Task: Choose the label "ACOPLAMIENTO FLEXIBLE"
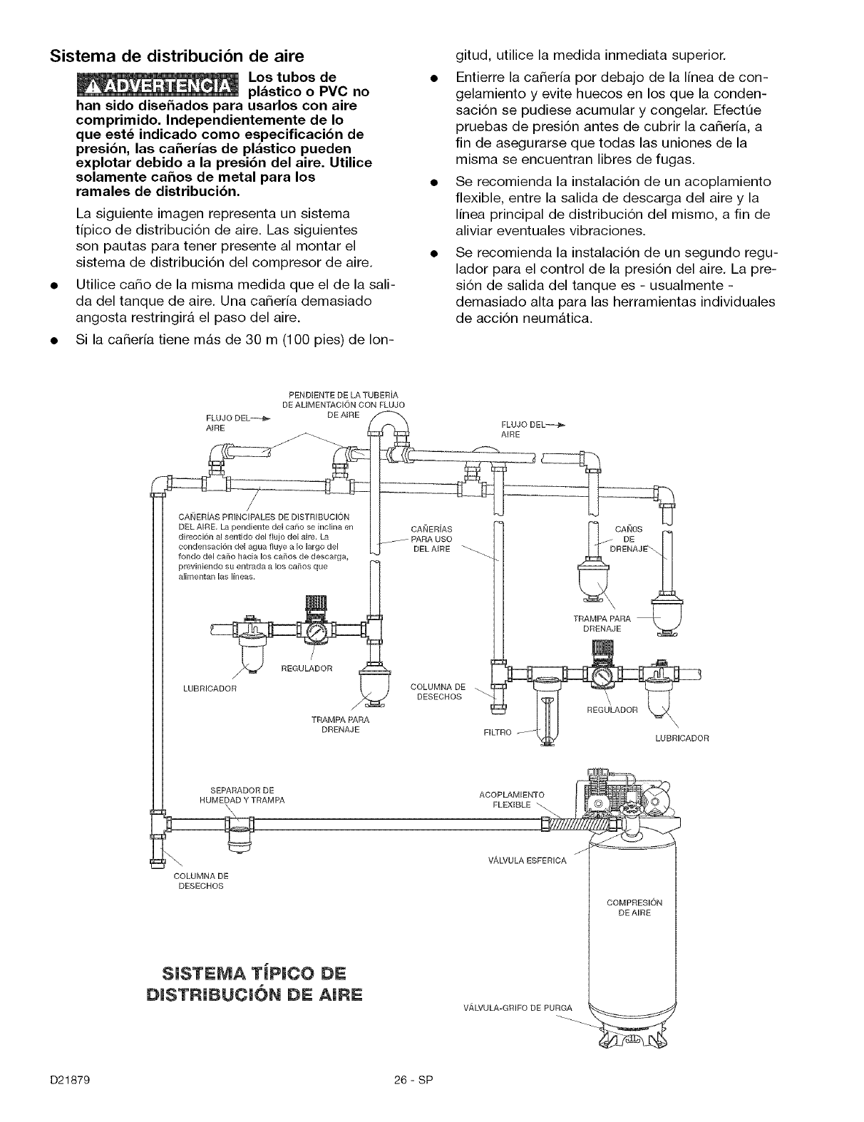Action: click(x=512, y=800)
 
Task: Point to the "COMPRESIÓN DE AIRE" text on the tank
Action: click(x=634, y=907)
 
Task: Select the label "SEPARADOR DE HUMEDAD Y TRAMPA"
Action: click(x=242, y=795)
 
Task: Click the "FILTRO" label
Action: click(x=497, y=733)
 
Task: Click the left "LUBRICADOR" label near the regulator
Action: click(x=210, y=689)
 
